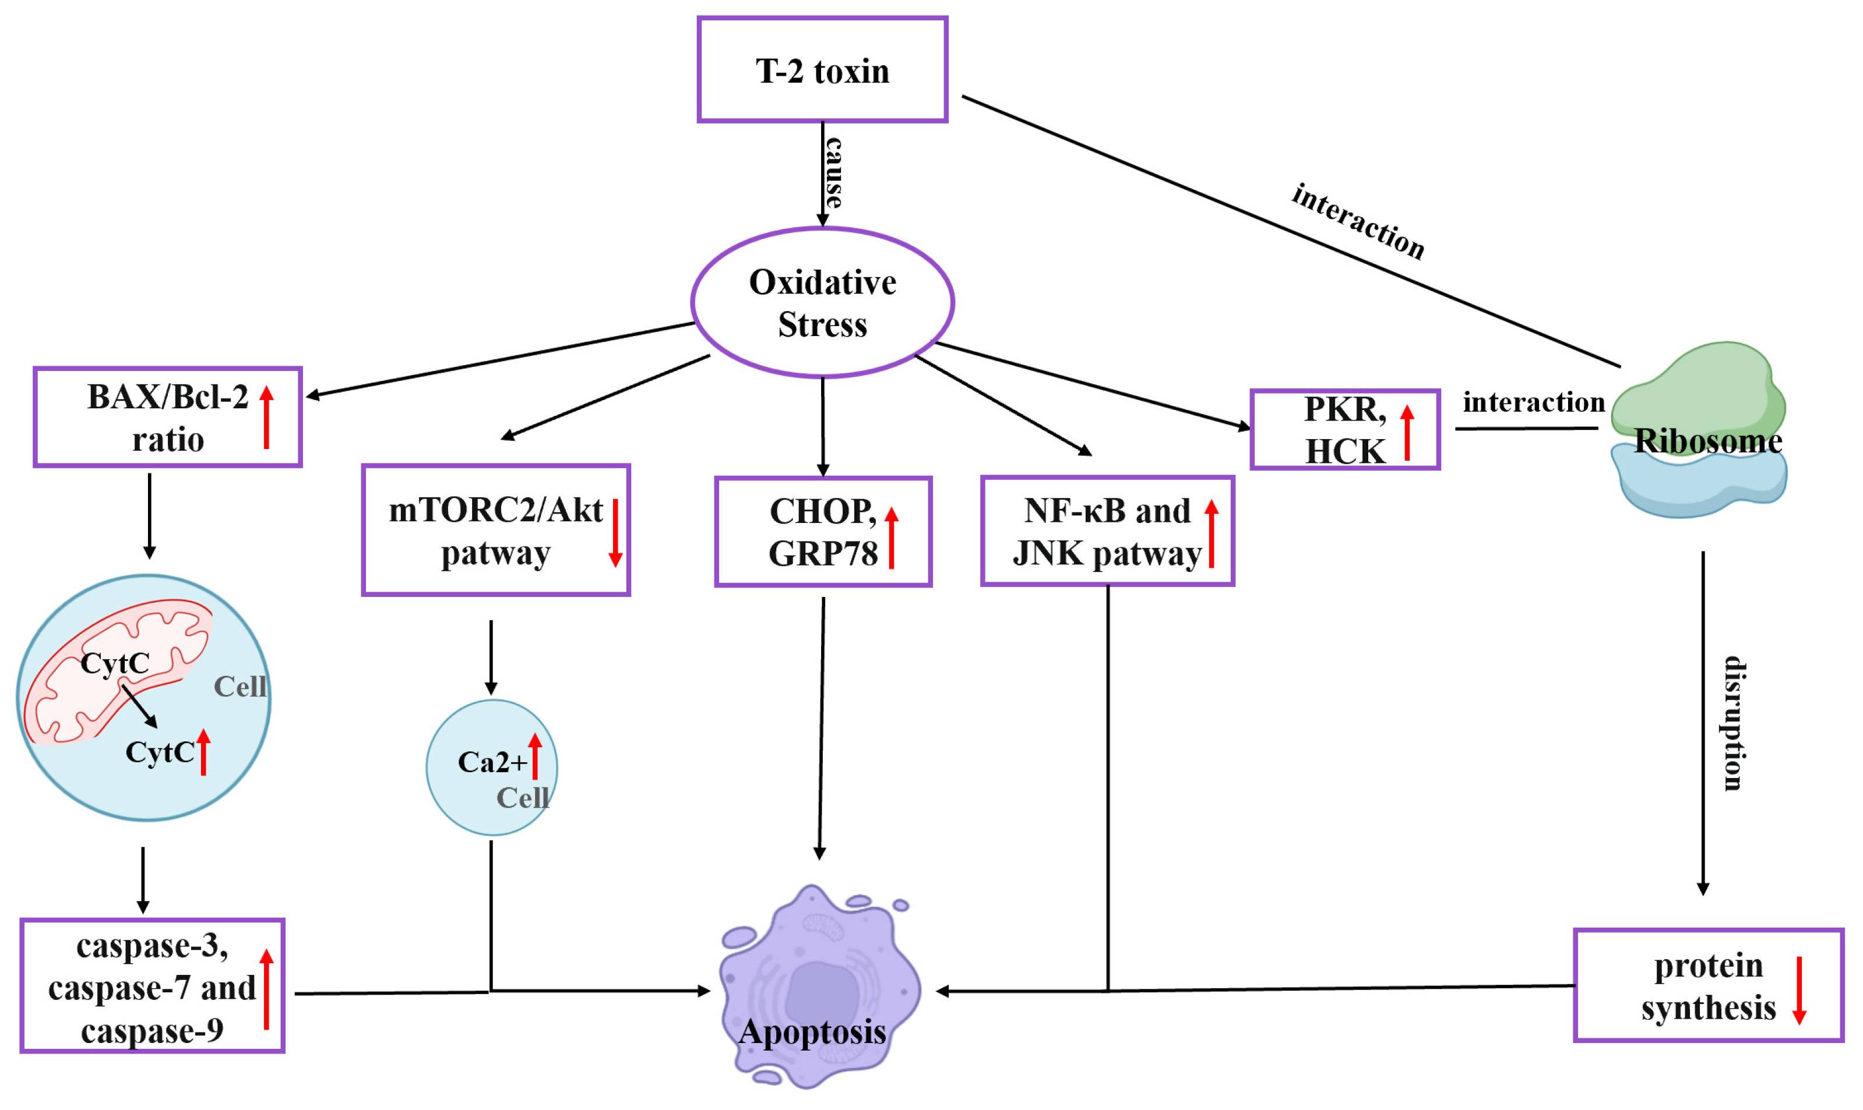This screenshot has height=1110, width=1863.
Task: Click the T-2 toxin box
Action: (822, 69)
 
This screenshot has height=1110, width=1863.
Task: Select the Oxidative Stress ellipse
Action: (822, 302)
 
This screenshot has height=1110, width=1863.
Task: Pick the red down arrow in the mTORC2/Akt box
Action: (615, 532)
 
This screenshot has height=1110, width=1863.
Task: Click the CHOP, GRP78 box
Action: (822, 532)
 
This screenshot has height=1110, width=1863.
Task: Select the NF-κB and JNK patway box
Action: (1107, 532)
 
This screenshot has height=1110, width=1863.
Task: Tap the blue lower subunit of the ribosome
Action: (1699, 486)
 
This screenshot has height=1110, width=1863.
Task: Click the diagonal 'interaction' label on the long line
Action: (1357, 221)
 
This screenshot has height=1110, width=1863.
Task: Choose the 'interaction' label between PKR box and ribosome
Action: (1533, 402)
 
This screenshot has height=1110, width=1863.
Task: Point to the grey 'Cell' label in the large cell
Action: (240, 686)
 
